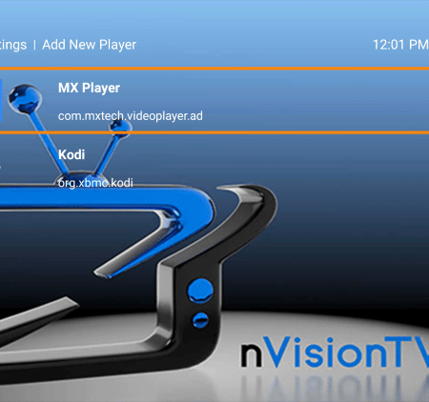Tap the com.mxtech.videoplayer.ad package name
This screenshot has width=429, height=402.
coord(131,116)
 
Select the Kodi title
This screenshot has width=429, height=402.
coord(71,154)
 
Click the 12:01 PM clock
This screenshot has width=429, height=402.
coord(399,44)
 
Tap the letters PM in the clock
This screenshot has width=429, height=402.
coord(417,44)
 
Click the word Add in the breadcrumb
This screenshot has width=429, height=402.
coord(55,44)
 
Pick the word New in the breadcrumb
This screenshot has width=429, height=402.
coord(86,44)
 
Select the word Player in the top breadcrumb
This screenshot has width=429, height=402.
coord(120,44)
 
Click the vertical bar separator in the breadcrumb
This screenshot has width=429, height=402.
coord(34,44)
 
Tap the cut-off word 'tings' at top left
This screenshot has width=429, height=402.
coord(13,44)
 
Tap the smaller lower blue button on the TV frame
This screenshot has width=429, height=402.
coord(198,318)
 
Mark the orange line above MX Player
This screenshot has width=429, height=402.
coord(214,68)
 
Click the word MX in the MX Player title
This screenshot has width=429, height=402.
coord(69,88)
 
